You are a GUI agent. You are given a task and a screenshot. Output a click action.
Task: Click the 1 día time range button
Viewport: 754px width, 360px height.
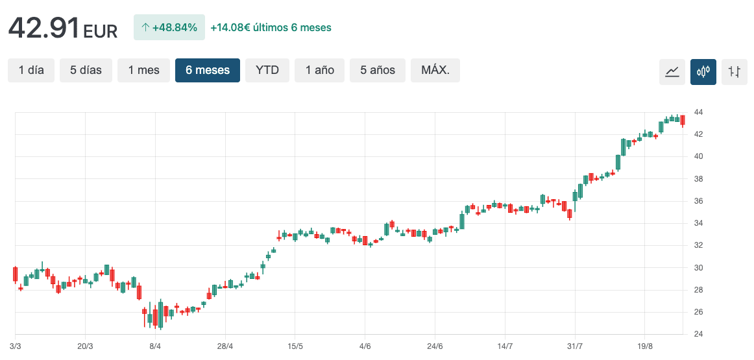click(31, 70)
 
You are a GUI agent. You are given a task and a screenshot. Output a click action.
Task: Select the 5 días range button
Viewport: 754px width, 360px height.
click(86, 70)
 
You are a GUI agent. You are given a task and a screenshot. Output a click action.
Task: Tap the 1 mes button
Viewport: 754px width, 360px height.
click(143, 70)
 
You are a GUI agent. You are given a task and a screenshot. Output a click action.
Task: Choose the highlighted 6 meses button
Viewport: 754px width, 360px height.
click(208, 70)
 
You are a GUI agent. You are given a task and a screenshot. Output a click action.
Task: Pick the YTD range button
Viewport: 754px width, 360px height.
click(267, 70)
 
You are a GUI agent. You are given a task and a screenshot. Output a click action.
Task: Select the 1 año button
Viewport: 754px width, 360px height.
click(320, 70)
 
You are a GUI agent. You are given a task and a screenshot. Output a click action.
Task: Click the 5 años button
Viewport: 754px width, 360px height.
click(378, 70)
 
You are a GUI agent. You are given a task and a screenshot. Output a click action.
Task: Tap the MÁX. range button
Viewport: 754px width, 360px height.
click(435, 70)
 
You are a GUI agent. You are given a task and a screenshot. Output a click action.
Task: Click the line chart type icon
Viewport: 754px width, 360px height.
click(672, 71)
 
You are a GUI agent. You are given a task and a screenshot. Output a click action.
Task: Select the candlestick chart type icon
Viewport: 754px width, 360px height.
click(703, 71)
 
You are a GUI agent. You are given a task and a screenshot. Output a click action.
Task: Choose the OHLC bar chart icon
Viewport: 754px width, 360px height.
click(735, 71)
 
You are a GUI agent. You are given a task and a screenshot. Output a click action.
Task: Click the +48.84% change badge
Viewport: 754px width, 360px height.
click(169, 27)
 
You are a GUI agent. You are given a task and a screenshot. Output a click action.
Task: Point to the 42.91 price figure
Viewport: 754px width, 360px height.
click(43, 28)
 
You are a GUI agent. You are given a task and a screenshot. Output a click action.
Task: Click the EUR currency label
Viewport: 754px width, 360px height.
click(101, 30)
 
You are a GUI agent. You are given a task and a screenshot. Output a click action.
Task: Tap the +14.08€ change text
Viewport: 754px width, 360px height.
click(271, 27)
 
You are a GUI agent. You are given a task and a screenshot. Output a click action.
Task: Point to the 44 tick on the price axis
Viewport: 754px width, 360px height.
click(698, 112)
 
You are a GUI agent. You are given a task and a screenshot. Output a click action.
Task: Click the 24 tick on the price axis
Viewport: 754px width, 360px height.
click(698, 334)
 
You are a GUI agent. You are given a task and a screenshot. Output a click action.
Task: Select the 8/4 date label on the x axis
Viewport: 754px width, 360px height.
click(155, 347)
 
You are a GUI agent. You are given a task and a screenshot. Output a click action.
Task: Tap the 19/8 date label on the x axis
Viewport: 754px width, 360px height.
click(644, 347)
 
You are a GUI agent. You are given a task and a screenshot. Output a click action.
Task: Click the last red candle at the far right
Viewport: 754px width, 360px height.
click(683, 120)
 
